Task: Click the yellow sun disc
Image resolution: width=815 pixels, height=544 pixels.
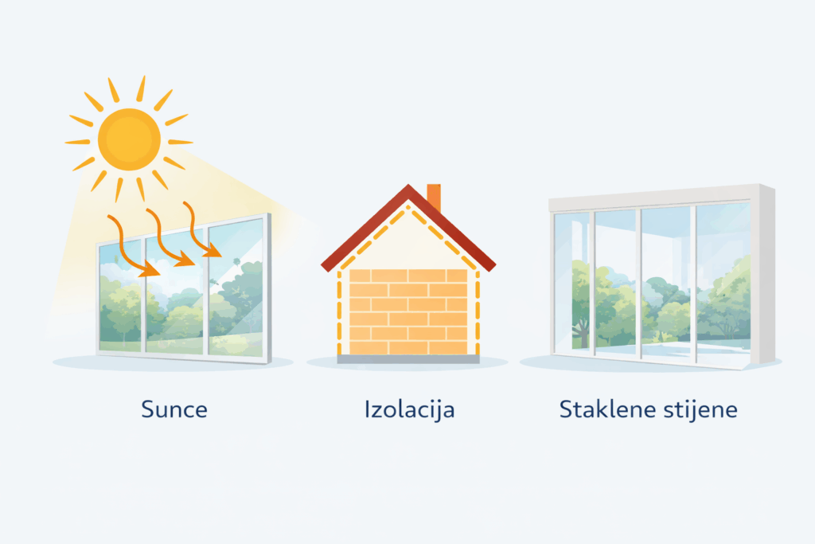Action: (129, 139)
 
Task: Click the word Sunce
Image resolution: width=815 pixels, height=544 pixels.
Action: (174, 410)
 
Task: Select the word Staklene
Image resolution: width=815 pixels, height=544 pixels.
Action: (606, 410)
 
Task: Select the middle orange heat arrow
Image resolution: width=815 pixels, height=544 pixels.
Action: (169, 239)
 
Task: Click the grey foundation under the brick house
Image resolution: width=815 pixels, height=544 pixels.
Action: (408, 359)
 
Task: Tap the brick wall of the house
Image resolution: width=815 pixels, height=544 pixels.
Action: (408, 311)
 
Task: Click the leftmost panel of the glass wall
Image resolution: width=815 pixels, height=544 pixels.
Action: (572, 279)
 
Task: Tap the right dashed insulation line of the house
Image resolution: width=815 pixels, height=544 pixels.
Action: (478, 311)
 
